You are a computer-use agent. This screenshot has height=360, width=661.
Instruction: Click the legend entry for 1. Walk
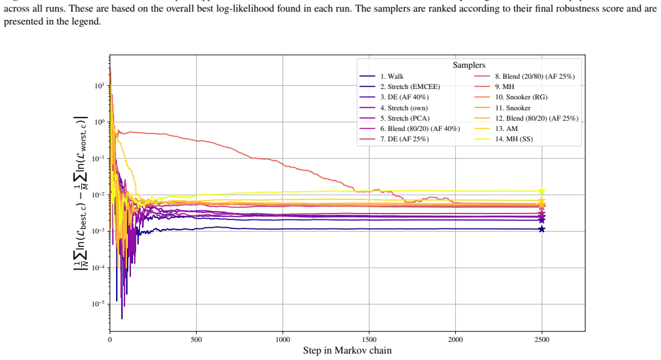(382, 76)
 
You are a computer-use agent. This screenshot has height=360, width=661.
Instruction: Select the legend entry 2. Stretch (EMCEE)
(400, 87)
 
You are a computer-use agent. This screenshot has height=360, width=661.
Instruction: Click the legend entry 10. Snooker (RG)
(511, 97)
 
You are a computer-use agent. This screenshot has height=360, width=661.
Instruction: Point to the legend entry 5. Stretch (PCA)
(395, 119)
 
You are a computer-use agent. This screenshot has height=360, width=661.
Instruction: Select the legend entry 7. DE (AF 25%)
(394, 139)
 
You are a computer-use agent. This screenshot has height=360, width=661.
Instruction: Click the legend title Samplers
(469, 65)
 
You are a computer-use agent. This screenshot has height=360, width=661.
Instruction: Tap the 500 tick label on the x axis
(196, 340)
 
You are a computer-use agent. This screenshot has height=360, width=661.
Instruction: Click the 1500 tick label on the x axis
(369, 340)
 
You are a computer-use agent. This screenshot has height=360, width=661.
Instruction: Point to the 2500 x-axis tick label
(542, 340)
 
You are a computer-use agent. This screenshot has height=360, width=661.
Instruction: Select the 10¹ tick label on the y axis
(99, 86)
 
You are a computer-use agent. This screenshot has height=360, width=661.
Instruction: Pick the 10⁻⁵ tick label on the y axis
(98, 304)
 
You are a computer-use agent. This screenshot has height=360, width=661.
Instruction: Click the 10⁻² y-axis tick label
(98, 195)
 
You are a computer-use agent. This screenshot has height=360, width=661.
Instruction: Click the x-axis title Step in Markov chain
(348, 350)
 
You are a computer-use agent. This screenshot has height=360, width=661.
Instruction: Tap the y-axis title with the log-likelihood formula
(81, 193)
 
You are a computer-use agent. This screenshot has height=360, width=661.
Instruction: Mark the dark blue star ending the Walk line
(542, 229)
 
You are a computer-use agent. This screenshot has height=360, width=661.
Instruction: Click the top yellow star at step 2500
(542, 192)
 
